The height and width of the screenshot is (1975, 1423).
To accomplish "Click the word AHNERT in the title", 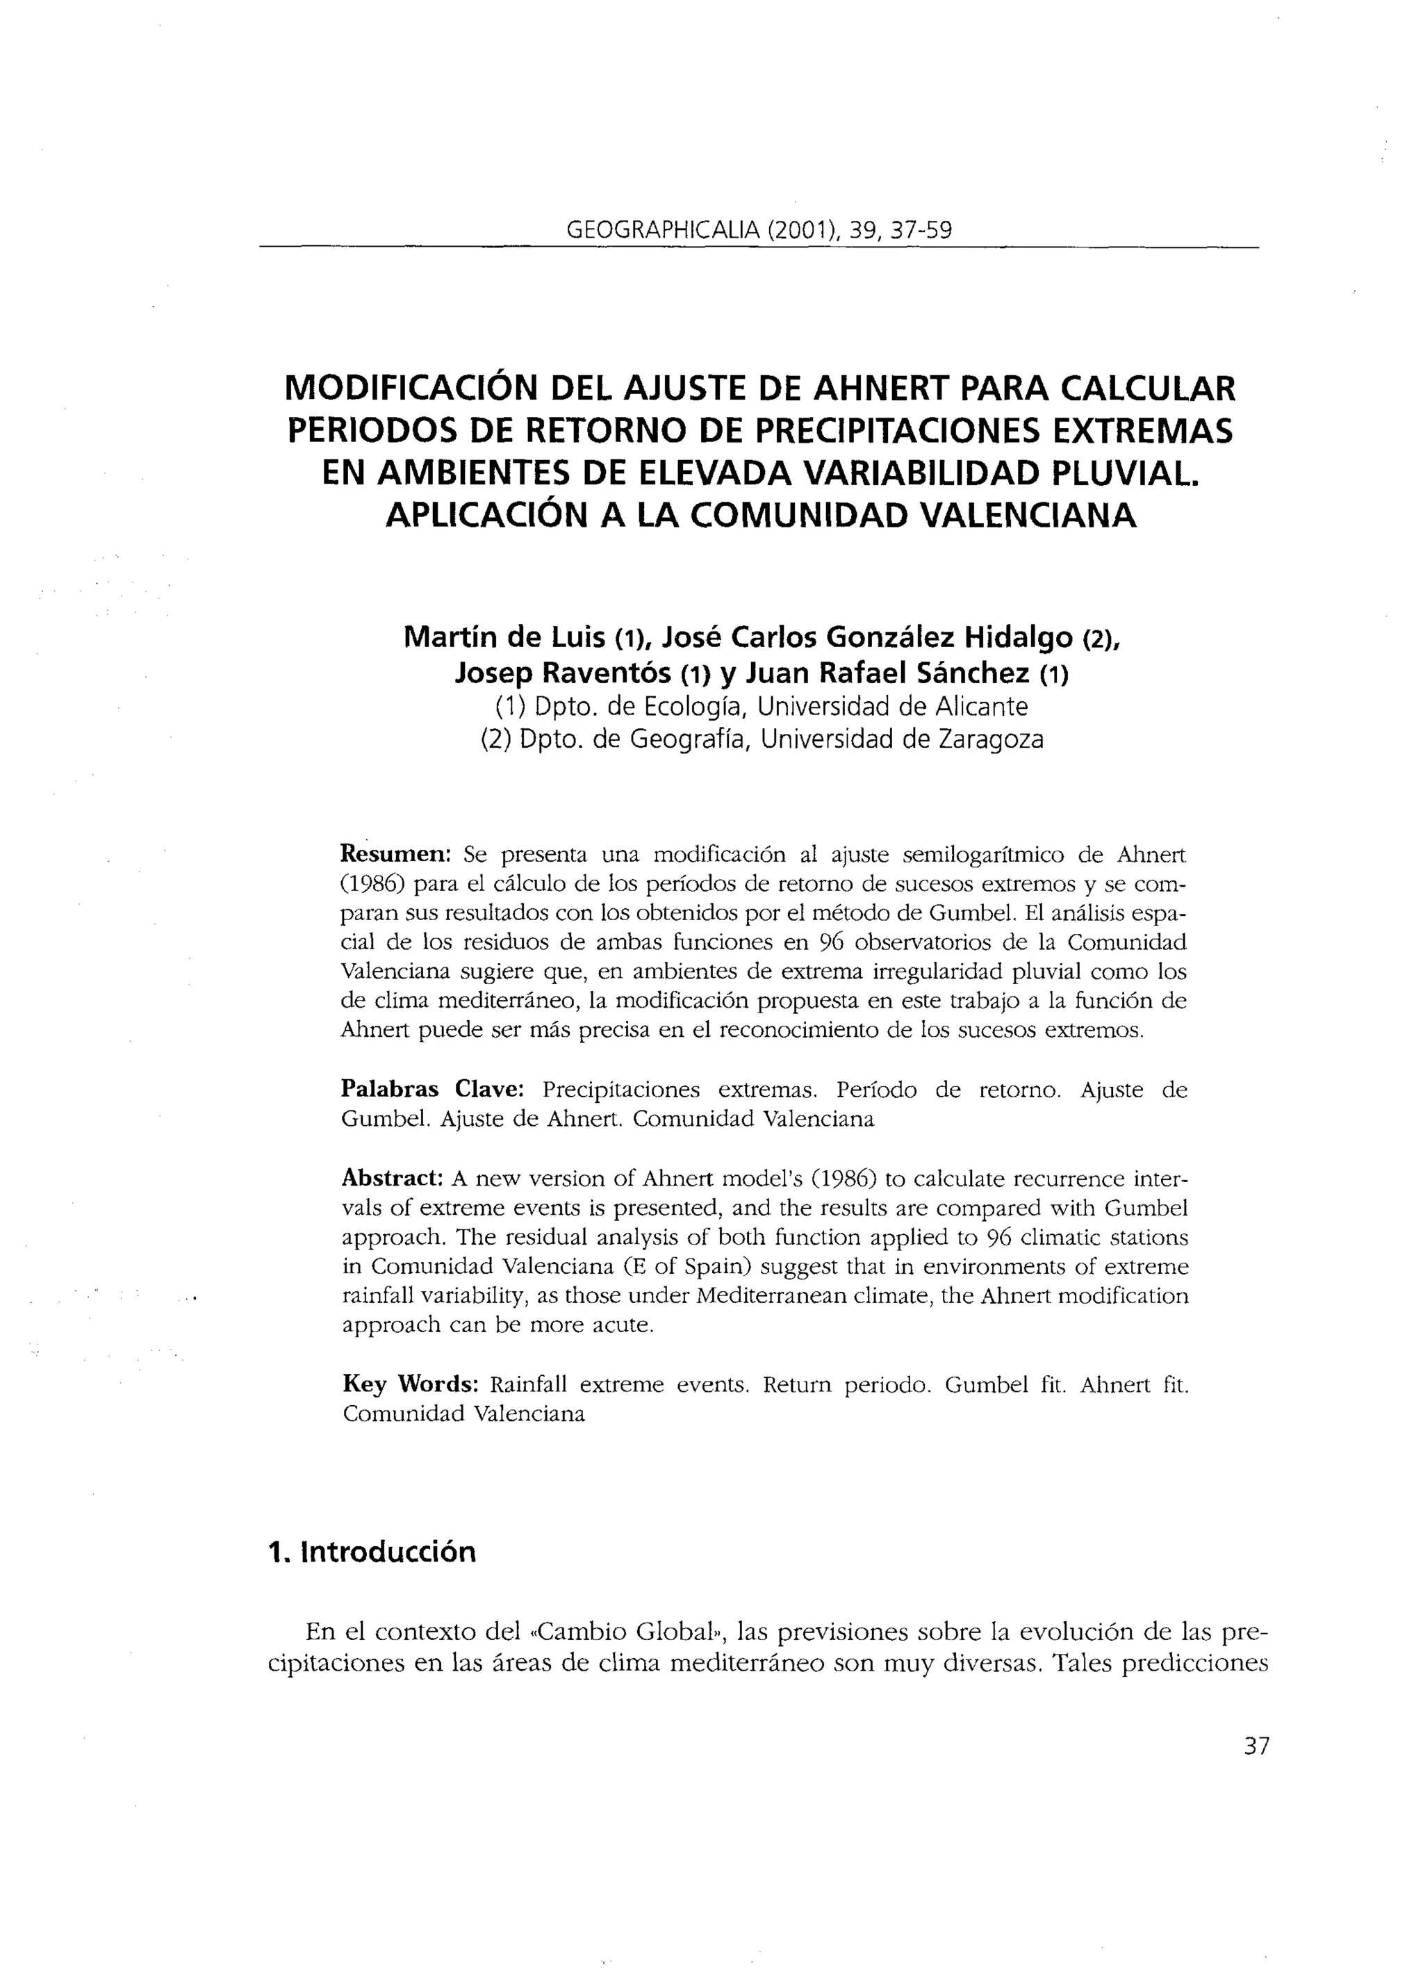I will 875,388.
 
